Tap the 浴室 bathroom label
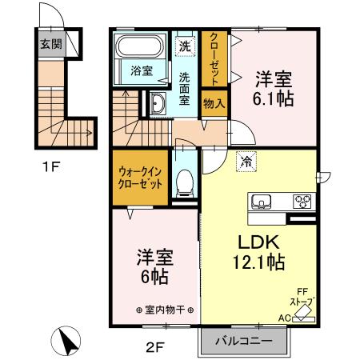[x=142, y=71]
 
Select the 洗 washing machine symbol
[x=184, y=45]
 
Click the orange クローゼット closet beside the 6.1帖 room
[x=214, y=58]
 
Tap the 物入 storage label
[x=214, y=102]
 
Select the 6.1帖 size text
[x=274, y=99]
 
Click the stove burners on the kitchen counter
[x=302, y=200]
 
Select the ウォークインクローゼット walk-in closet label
[x=141, y=176]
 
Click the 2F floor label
[x=154, y=347]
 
